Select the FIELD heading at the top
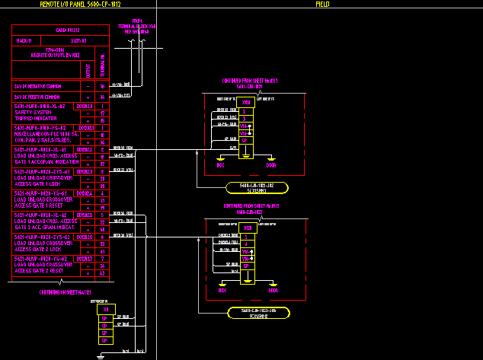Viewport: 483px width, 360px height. pos(322,5)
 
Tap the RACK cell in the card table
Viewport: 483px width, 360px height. pos(24,40)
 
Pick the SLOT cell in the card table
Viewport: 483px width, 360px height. pos(78,40)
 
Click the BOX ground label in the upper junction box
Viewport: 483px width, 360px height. pos(221,164)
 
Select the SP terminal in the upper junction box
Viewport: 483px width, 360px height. pos(245,140)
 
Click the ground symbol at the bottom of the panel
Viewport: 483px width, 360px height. pos(101,355)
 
